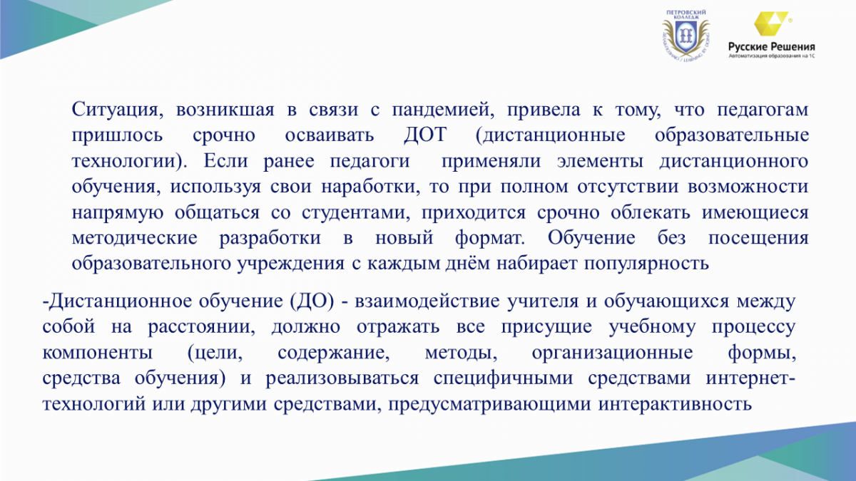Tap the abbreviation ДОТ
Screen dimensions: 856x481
(425, 135)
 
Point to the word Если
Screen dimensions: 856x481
(225, 161)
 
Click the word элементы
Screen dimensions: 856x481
(600, 161)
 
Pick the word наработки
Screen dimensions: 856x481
(370, 187)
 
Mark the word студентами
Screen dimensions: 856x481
(355, 212)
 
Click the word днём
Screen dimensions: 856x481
(467, 264)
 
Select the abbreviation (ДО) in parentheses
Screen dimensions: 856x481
(312, 301)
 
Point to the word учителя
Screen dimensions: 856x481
(543, 301)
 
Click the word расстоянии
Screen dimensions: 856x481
(201, 327)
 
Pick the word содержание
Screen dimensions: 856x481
(333, 353)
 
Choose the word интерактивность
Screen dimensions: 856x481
(676, 404)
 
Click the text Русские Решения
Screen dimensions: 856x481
(772, 47)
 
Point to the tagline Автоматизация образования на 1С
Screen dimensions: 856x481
(772, 56)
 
